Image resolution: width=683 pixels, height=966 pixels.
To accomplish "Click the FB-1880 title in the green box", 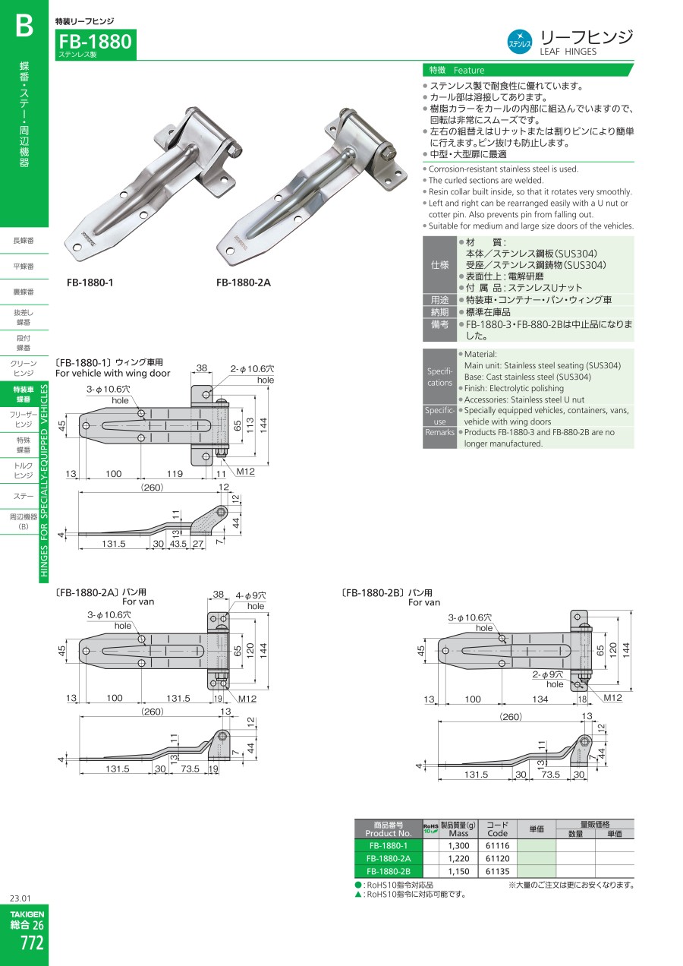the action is point(95,42).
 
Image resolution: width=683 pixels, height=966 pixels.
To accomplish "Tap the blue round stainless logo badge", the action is point(519,43).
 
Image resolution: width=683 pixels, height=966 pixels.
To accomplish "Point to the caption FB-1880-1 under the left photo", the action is point(90,283).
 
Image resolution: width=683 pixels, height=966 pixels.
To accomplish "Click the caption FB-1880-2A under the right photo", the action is point(244,283).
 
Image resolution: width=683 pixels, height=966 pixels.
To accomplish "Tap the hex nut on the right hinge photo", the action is point(386,153).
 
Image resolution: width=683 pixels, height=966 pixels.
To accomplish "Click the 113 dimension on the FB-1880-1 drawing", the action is point(250,425).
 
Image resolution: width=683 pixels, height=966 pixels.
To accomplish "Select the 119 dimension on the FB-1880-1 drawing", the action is point(175,474).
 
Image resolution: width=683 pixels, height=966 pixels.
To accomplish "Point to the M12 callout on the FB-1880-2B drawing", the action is point(612,698).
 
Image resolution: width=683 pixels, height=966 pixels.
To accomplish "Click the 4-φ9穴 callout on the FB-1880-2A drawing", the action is point(250,595).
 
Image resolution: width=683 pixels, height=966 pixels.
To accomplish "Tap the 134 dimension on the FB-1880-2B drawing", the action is point(540,699).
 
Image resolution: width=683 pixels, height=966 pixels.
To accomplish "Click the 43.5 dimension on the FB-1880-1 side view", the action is point(178,544).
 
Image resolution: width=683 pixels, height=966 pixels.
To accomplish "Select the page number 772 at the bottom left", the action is point(32,942).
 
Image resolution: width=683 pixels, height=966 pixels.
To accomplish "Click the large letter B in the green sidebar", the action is point(24,26).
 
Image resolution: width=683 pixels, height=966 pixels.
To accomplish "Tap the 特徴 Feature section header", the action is point(456,70).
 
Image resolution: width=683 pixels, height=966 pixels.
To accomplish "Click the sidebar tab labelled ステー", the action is point(24,496).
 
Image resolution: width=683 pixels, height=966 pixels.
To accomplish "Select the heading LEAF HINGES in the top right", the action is point(568,52).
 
